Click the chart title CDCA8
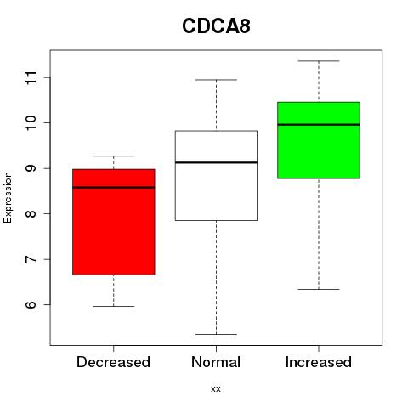[x=216, y=26]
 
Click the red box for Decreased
[x=114, y=222]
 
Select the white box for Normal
[x=216, y=176]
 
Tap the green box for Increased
[x=319, y=140]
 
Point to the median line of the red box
[x=114, y=187]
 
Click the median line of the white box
[x=216, y=162]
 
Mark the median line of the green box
[x=319, y=124]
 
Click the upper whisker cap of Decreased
[x=114, y=156]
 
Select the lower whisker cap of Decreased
[x=114, y=306]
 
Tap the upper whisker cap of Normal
[x=216, y=80]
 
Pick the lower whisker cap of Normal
[x=216, y=334]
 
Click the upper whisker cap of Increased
[x=319, y=61]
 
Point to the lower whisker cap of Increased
[x=319, y=289]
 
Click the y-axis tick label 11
[x=31, y=77]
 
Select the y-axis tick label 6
[x=31, y=304]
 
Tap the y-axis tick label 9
[x=31, y=168]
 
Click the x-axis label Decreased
[x=113, y=362]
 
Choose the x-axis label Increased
[x=319, y=362]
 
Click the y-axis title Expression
[x=8, y=197]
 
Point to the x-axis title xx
[x=216, y=389]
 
